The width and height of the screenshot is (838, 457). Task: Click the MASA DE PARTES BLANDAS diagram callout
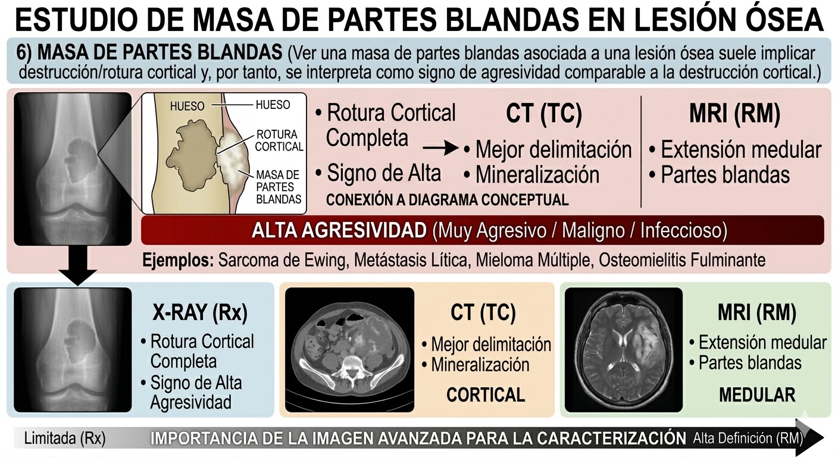[x=277, y=187]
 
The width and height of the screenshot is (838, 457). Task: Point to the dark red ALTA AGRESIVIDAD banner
[x=482, y=230]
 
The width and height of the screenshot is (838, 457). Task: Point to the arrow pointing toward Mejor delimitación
[x=441, y=147]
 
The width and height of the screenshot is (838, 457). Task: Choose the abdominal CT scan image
[x=349, y=349]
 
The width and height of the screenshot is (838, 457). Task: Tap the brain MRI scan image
[x=623, y=349]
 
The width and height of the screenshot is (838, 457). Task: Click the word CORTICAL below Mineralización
[x=486, y=395]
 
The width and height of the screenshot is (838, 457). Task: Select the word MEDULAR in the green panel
[x=756, y=395]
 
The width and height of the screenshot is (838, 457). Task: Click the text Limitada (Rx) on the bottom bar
[x=65, y=440]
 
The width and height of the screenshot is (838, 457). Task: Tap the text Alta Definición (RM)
[x=748, y=439]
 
